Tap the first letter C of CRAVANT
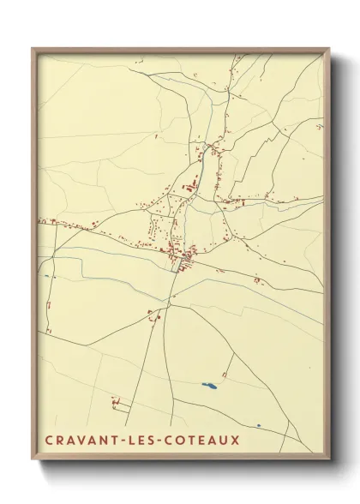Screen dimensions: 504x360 click(x=46, y=441)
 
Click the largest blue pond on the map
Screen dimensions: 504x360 click(x=208, y=385)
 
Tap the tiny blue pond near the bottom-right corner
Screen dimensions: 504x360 click(x=258, y=425)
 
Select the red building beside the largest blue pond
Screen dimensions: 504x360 click(x=225, y=375)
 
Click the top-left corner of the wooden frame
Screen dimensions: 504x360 click(x=33, y=49)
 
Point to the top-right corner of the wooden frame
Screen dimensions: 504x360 click(x=329, y=49)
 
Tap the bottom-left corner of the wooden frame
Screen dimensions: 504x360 click(x=33, y=459)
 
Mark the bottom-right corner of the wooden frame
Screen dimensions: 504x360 click(x=329, y=459)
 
